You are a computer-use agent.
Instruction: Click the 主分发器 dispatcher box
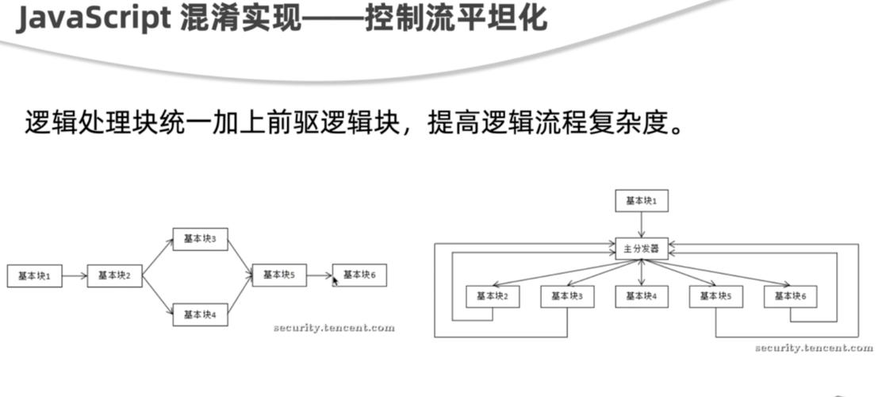pyautogui.click(x=641, y=249)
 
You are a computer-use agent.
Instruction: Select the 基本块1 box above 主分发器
pyautogui.click(x=642, y=201)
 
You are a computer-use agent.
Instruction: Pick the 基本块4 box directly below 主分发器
pyautogui.click(x=642, y=296)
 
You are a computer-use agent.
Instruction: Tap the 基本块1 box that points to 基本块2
pyautogui.click(x=34, y=276)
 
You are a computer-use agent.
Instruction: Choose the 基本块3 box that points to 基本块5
pyautogui.click(x=200, y=239)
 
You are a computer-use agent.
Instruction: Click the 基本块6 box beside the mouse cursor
pyautogui.click(x=359, y=275)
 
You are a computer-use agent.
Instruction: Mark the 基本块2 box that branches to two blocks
pyautogui.click(x=114, y=276)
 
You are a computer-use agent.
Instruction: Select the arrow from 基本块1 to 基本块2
pyautogui.click(x=75, y=276)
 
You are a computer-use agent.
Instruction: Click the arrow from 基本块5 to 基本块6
pyautogui.click(x=320, y=276)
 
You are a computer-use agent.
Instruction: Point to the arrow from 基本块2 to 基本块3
pyautogui.click(x=158, y=257)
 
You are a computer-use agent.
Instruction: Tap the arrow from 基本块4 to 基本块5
pyautogui.click(x=240, y=295)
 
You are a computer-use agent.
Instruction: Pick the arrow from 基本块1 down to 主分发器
pyautogui.click(x=642, y=225)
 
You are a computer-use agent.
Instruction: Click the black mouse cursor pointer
pyautogui.click(x=335, y=280)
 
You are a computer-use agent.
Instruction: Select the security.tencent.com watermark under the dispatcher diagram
pyautogui.click(x=813, y=348)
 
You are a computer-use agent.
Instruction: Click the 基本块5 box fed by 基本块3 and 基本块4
pyautogui.click(x=279, y=275)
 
